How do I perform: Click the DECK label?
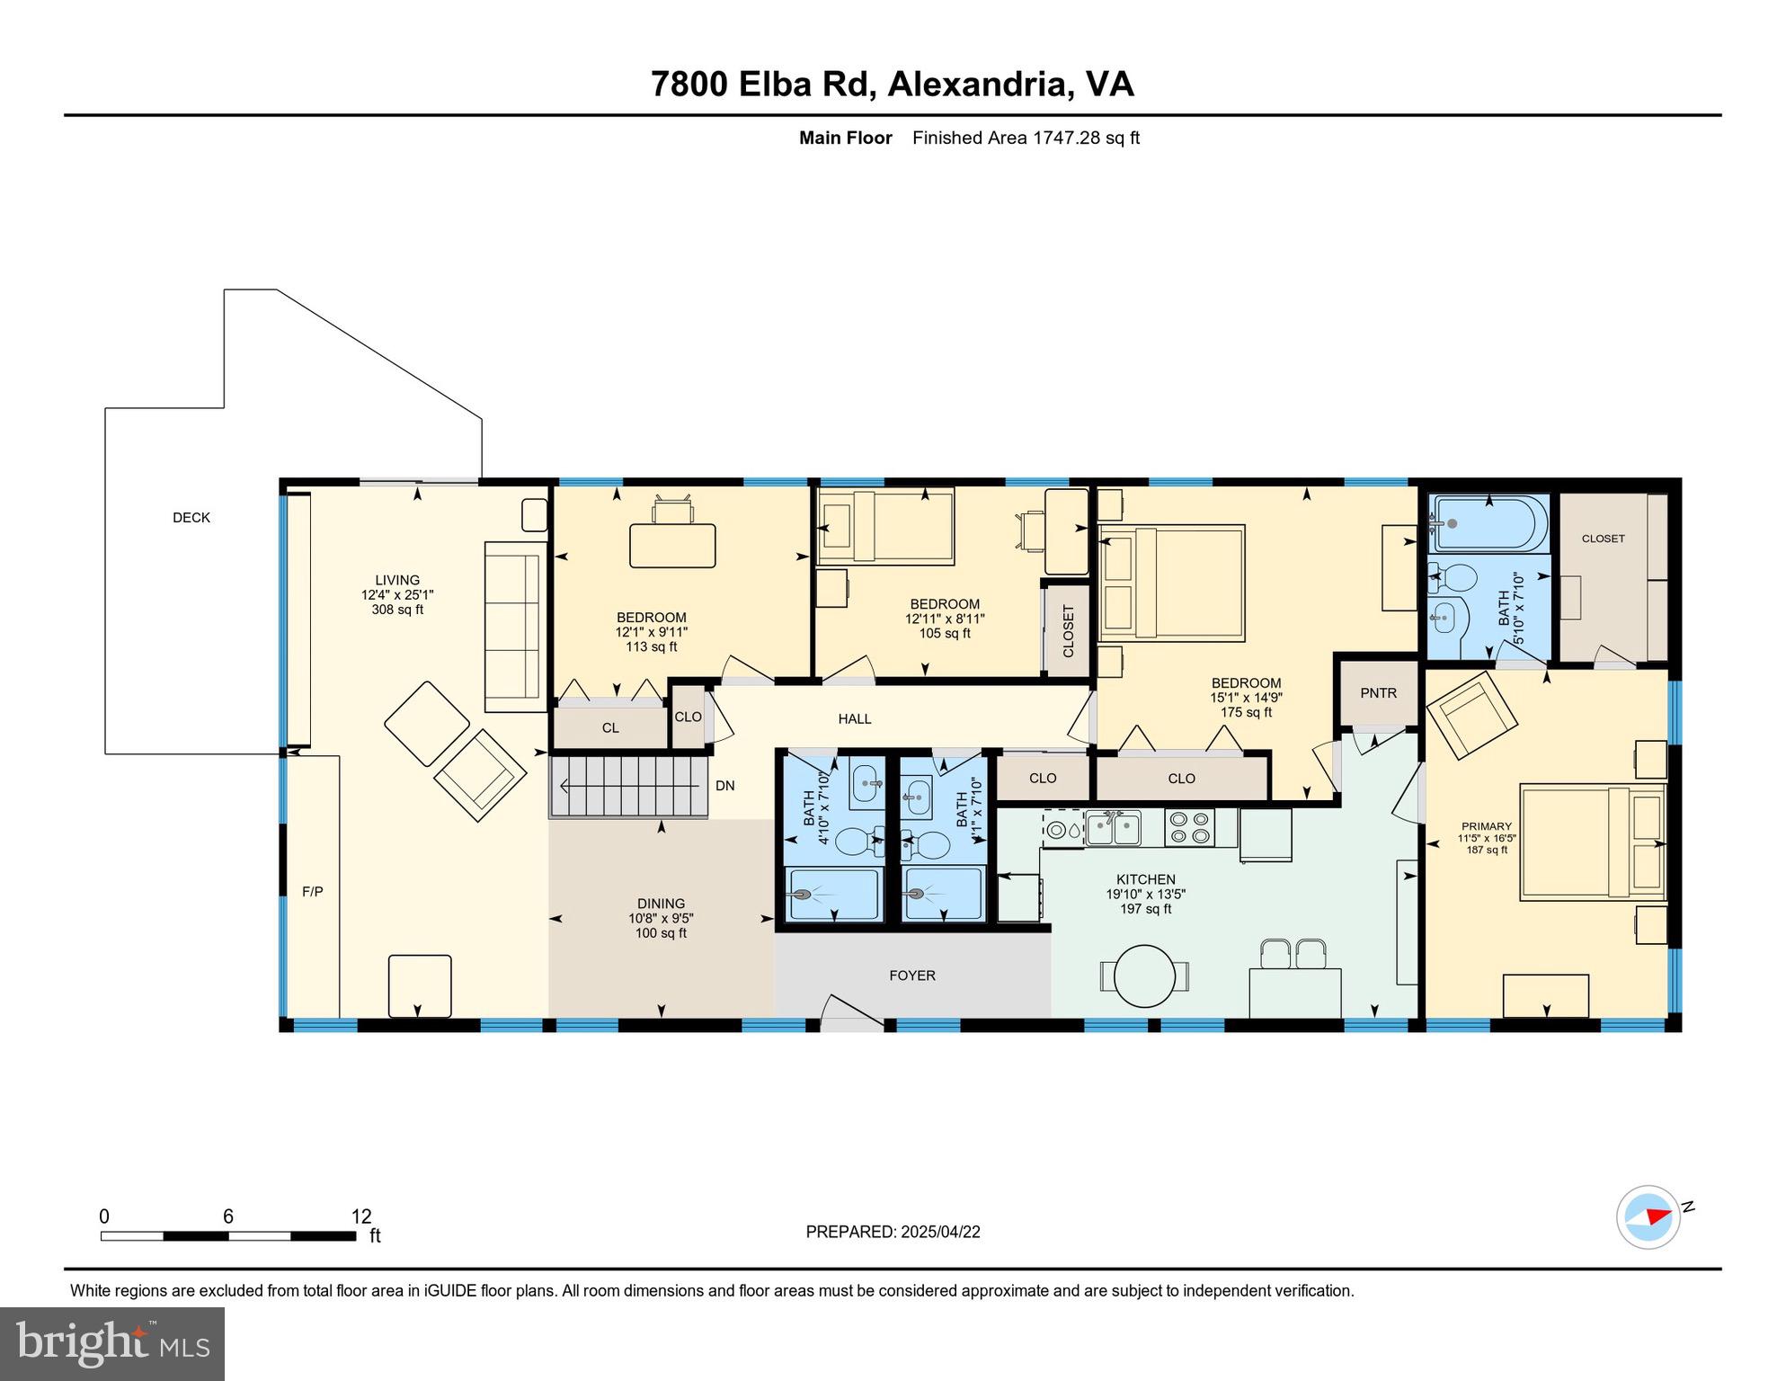[x=191, y=518]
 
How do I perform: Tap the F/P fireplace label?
[x=313, y=892]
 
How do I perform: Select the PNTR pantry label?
[x=1378, y=693]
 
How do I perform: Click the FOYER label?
[x=912, y=976]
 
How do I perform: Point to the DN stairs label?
[x=725, y=786]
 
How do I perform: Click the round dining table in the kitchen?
[x=1144, y=976]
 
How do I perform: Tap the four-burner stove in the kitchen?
[x=1189, y=828]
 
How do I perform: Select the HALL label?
[x=855, y=719]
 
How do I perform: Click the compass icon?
[x=1648, y=1217]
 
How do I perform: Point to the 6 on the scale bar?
[x=228, y=1216]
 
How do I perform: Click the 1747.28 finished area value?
[x=1067, y=138]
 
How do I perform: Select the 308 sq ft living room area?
[x=397, y=610]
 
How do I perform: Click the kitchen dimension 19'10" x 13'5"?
[x=1146, y=895]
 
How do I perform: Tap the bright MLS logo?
[x=112, y=1343]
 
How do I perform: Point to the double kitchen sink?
[x=1113, y=828]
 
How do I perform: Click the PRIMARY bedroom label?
[x=1487, y=826]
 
